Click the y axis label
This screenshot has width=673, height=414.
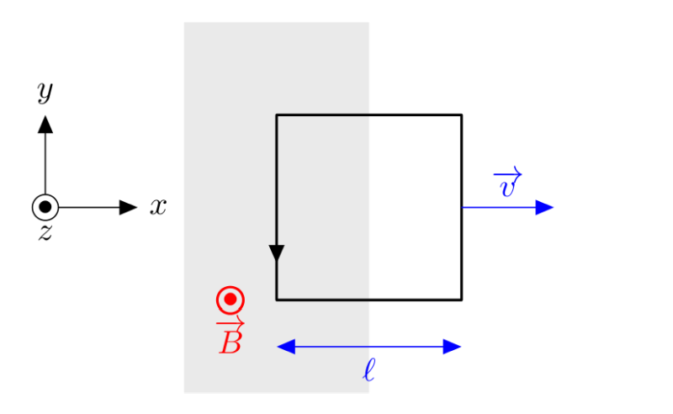coord(45,91)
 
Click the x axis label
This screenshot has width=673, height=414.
coord(158,206)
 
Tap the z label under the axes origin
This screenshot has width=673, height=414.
coord(45,233)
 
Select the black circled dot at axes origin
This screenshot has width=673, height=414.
coord(45,207)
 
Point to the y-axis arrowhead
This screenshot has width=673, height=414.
coord(45,124)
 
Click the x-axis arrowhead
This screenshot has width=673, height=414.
coord(129,207)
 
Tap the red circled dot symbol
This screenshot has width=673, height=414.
coord(230,300)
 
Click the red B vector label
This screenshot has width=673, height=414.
coord(230,337)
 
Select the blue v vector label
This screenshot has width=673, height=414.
coord(507,183)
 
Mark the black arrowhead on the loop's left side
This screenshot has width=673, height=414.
coord(277,253)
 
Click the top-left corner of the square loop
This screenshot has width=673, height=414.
coord(277,114)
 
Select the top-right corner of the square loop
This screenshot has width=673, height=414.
coord(461,114)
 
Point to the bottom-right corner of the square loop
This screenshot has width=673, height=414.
coord(461,299)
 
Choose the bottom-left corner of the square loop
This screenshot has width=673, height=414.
coord(277,299)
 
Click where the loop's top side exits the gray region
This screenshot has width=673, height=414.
coord(368,114)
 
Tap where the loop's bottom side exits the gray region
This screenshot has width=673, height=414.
coord(368,299)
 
